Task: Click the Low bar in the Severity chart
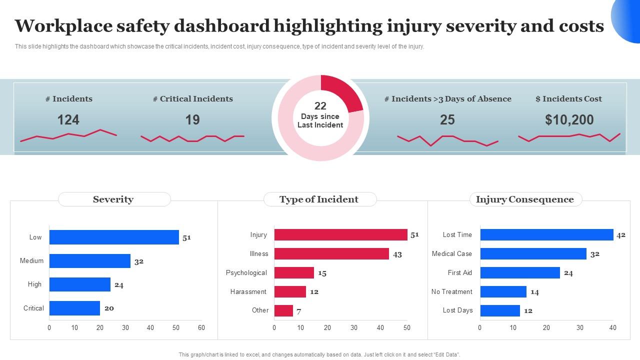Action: (x=114, y=237)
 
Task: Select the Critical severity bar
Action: (x=74, y=308)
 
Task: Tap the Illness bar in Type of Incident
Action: (x=331, y=253)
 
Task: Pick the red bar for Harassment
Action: (x=290, y=291)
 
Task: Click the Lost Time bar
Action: (x=546, y=234)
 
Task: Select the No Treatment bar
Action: (x=503, y=291)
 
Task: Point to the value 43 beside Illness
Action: (x=397, y=254)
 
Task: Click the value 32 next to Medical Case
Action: (x=594, y=254)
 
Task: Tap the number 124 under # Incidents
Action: (x=68, y=120)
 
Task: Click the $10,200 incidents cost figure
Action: (x=569, y=120)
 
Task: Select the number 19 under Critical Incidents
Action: (x=192, y=120)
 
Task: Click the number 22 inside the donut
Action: (x=320, y=106)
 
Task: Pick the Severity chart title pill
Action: (x=114, y=199)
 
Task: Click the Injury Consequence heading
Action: (x=525, y=199)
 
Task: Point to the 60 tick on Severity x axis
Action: (x=201, y=328)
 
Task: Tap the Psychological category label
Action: (x=246, y=272)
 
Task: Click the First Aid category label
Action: (x=459, y=272)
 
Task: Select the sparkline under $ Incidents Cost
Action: (x=569, y=136)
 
